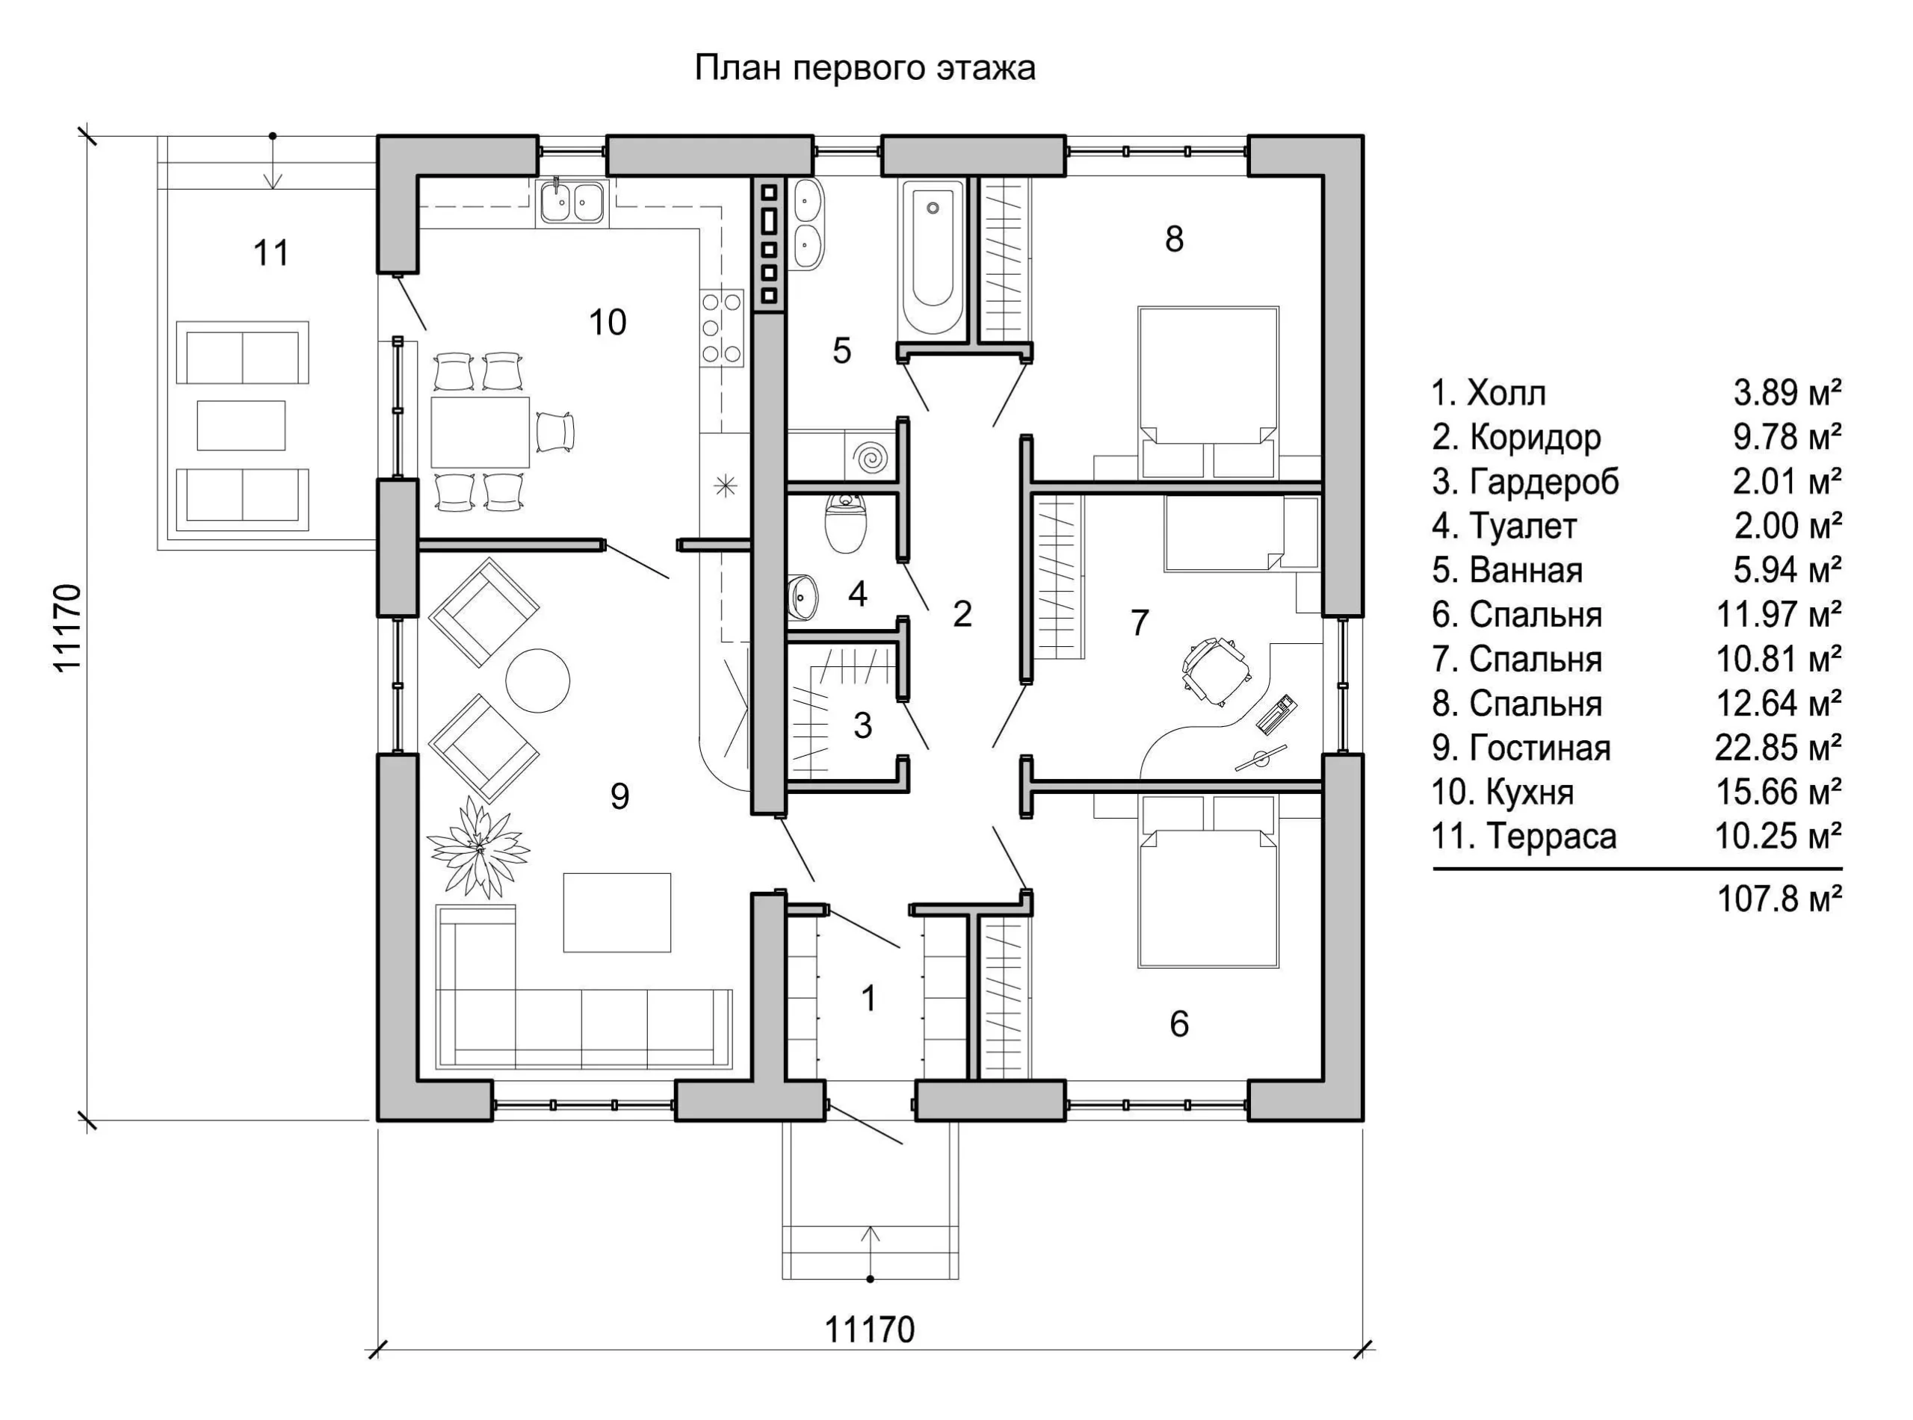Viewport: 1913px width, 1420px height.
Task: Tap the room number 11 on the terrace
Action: [271, 252]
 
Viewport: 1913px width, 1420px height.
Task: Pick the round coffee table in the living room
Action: [537, 679]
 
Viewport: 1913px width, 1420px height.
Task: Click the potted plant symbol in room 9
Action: [478, 846]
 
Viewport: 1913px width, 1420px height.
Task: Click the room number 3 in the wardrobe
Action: [862, 725]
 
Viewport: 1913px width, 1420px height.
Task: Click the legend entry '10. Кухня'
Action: [1503, 792]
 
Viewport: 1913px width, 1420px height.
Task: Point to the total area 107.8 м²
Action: [1780, 899]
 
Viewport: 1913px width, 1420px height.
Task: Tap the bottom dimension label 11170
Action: [870, 1330]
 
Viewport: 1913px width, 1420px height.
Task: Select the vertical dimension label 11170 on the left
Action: [67, 628]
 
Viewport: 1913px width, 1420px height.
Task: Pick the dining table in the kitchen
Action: [480, 432]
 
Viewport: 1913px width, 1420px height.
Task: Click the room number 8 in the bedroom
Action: [1175, 239]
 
